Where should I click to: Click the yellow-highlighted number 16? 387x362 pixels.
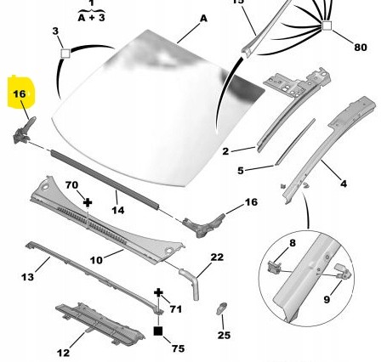(20, 93)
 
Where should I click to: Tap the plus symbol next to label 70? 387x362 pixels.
(88, 202)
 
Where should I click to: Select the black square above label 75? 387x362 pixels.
(158, 331)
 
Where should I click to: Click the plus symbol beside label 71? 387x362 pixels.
(158, 293)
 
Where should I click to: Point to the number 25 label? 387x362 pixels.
(224, 335)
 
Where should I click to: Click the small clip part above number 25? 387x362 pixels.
(221, 308)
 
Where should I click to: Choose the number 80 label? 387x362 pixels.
(361, 47)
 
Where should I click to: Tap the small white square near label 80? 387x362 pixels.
(327, 25)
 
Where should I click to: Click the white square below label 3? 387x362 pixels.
(65, 54)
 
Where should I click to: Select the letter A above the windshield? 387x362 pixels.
(203, 19)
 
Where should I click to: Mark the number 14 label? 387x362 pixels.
(118, 210)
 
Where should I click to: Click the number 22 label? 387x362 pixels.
(217, 257)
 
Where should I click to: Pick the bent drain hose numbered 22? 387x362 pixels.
(190, 283)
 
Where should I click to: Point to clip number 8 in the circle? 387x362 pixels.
(274, 267)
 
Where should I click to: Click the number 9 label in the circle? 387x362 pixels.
(327, 299)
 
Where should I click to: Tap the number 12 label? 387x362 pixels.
(63, 353)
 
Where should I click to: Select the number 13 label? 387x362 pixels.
(27, 277)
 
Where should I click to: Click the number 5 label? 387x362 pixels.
(241, 171)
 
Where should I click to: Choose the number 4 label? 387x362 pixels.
(344, 184)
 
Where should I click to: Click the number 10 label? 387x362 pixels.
(96, 260)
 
